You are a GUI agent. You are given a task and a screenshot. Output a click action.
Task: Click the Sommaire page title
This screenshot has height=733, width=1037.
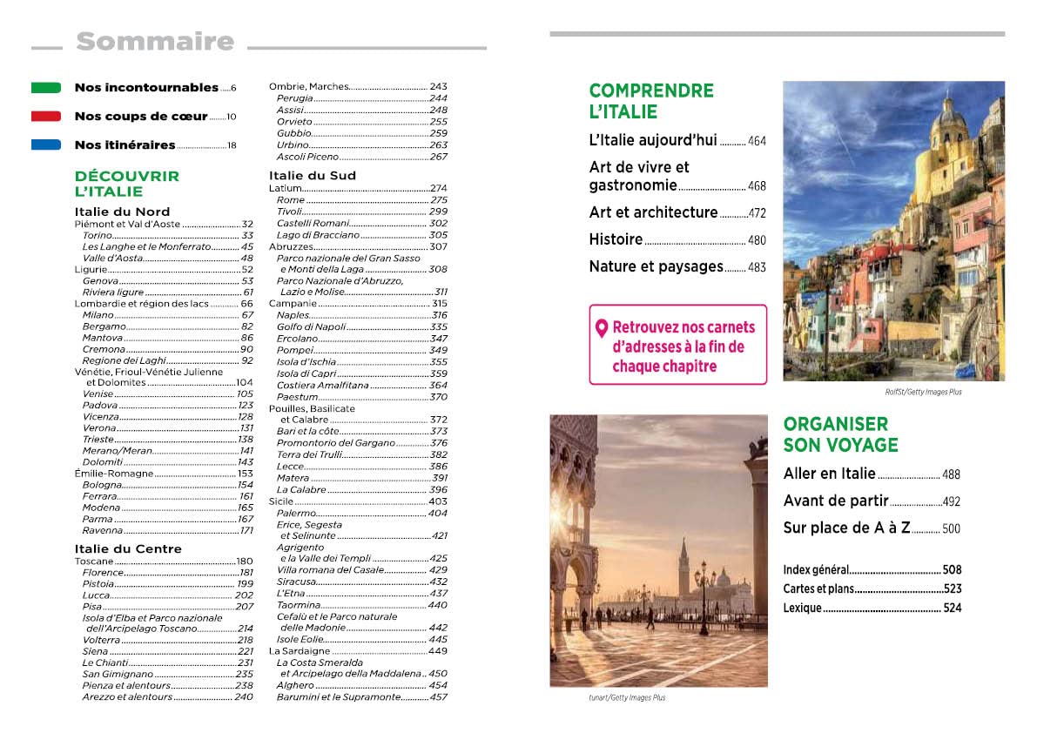(155, 42)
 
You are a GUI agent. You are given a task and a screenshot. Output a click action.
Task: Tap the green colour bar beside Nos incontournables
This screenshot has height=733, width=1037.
(46, 88)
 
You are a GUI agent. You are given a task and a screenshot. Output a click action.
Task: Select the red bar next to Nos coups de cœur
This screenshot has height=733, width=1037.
(46, 117)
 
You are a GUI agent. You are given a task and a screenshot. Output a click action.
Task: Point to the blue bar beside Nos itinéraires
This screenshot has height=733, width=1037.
(46, 145)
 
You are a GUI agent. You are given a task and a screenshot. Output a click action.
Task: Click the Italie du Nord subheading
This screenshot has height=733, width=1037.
(122, 212)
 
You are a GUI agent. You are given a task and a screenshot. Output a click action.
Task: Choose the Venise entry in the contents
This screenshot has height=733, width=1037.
(98, 393)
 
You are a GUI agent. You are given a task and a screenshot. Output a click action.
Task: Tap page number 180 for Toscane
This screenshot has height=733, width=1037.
(244, 562)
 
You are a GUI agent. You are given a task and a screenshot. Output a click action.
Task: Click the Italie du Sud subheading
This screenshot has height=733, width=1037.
(312, 176)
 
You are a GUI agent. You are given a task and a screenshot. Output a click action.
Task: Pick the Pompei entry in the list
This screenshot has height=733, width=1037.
(296, 350)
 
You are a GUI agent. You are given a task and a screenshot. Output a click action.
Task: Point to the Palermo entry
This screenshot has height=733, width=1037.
(296, 514)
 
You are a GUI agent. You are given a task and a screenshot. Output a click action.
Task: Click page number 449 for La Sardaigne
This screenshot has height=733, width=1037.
(437, 651)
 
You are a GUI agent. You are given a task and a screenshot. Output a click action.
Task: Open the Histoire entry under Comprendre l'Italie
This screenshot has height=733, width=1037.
(616, 239)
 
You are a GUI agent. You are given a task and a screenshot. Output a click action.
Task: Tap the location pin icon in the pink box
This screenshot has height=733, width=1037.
(601, 329)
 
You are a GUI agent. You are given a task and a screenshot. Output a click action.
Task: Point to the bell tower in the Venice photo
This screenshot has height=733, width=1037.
(683, 566)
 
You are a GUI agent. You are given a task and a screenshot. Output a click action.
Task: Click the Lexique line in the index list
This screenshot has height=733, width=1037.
(802, 608)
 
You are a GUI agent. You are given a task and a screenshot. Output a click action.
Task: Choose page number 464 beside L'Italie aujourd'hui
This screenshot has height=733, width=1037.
(757, 141)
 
